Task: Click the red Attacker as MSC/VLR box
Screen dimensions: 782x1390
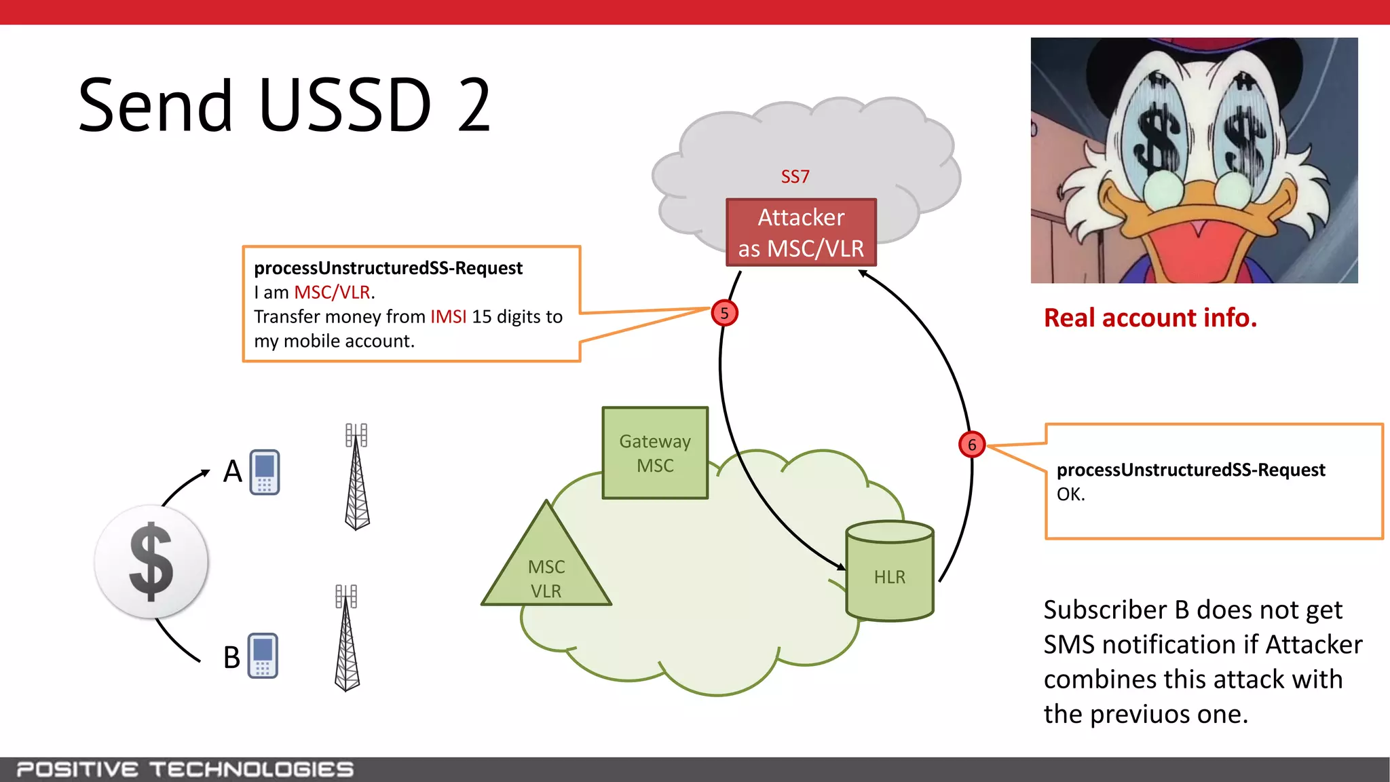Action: click(x=801, y=232)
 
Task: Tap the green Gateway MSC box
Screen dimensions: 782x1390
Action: click(x=655, y=453)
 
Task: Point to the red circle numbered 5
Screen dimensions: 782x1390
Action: click(x=724, y=313)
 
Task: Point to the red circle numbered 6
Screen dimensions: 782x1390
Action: click(x=972, y=445)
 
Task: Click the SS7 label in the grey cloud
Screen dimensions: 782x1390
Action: click(x=795, y=176)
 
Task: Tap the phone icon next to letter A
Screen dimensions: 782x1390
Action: click(x=265, y=472)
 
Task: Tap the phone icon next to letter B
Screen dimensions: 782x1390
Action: click(x=263, y=655)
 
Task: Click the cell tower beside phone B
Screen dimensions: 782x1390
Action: click(x=347, y=638)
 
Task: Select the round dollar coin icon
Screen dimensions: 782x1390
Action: click(x=151, y=562)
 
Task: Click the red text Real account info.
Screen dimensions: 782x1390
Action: click(x=1150, y=318)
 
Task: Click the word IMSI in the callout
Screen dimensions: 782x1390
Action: click(x=448, y=317)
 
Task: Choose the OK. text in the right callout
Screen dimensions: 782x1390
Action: click(x=1070, y=494)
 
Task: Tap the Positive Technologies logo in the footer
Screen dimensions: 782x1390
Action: click(x=185, y=769)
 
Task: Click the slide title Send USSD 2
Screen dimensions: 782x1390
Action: click(x=284, y=105)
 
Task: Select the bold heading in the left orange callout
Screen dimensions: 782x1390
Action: click(x=388, y=268)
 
